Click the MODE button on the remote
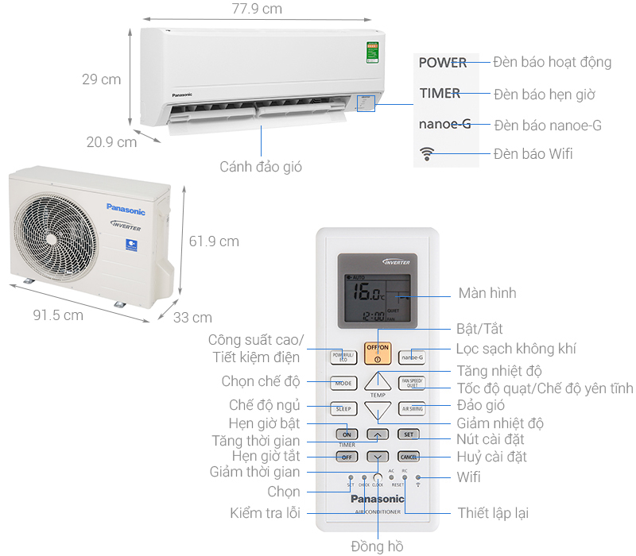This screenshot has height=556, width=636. pyautogui.click(x=343, y=383)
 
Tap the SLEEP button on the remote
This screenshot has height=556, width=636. pyautogui.click(x=343, y=409)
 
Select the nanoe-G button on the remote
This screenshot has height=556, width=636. pyautogui.click(x=412, y=357)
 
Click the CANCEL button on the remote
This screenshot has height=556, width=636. pyautogui.click(x=409, y=457)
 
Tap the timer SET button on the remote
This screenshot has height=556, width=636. pyautogui.click(x=408, y=434)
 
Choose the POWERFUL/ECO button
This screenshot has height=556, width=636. pyautogui.click(x=343, y=357)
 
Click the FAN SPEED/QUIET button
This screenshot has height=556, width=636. pyautogui.click(x=412, y=383)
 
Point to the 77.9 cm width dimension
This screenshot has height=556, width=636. pyautogui.click(x=251, y=10)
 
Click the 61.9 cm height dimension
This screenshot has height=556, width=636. pyautogui.click(x=214, y=241)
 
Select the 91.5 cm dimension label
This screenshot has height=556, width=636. pyautogui.click(x=57, y=315)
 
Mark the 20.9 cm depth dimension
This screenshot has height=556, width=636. pyautogui.click(x=111, y=142)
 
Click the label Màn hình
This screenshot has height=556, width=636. pyautogui.click(x=487, y=293)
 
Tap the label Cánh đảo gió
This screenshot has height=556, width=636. pyautogui.click(x=261, y=167)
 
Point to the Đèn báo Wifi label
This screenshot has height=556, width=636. pyautogui.click(x=533, y=154)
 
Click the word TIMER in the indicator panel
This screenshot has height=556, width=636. pyautogui.click(x=440, y=93)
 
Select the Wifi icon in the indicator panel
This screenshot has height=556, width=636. pyautogui.click(x=429, y=154)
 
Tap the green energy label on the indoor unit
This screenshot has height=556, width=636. pyautogui.click(x=372, y=52)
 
